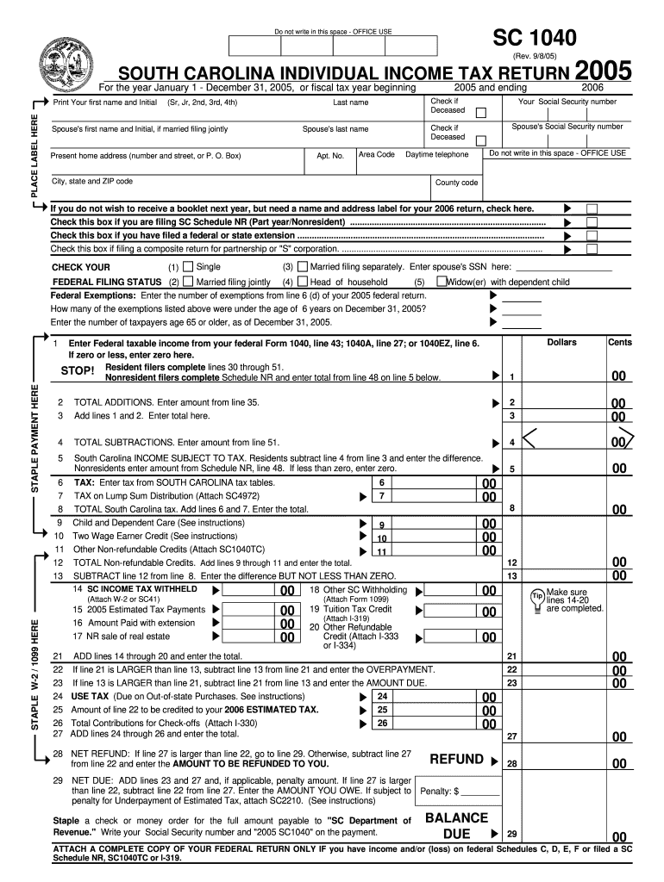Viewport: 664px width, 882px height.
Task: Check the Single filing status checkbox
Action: coord(190,267)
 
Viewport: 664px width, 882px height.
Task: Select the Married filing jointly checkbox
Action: coord(190,282)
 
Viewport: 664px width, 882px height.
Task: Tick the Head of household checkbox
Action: coord(303,282)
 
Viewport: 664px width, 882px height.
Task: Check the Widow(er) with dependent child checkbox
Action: coord(442,282)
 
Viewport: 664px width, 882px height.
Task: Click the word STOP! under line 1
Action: coord(78,371)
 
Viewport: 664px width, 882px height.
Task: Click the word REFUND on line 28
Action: coord(456,759)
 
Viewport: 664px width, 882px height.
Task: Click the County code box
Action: coord(457,183)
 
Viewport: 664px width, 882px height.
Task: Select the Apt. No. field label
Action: coord(330,156)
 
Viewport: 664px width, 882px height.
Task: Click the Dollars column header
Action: coord(561,343)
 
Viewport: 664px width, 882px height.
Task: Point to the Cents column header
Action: coord(619,343)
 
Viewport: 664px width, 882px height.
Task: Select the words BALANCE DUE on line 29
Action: coord(456,825)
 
